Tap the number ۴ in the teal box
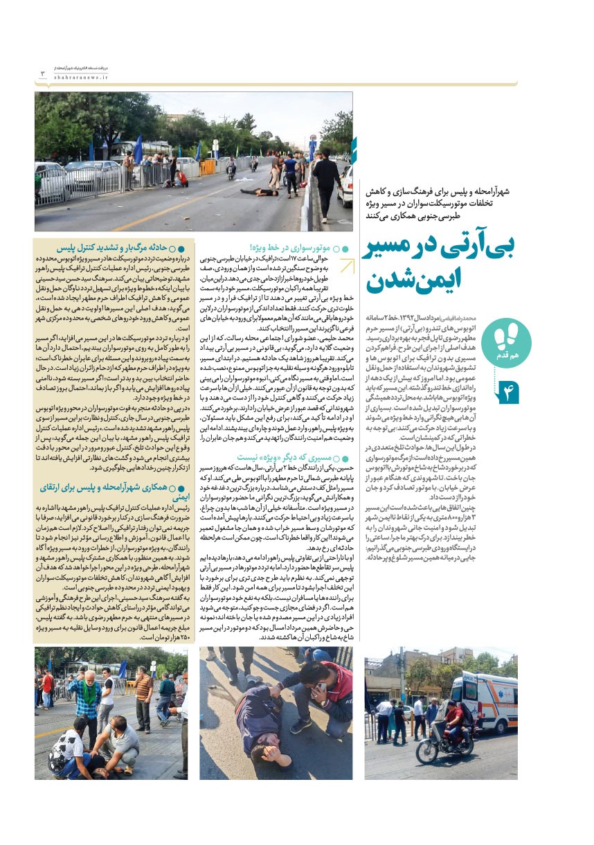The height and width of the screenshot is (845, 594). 507,393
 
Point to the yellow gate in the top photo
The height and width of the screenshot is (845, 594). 206,167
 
